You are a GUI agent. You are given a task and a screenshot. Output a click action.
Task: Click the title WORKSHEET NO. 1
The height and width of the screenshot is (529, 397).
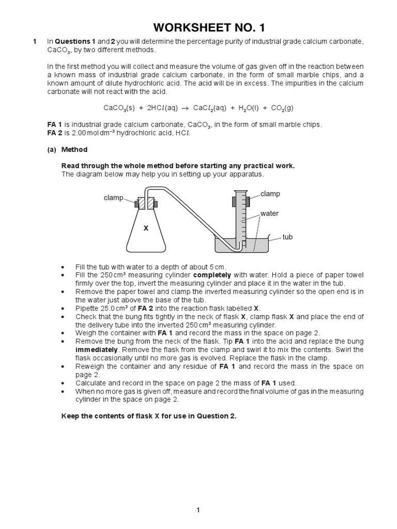tap(198, 27)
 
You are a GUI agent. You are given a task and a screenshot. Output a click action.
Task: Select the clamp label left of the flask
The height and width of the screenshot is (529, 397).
tap(113, 197)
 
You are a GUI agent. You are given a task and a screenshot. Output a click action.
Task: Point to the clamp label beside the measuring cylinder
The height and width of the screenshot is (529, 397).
tap(270, 194)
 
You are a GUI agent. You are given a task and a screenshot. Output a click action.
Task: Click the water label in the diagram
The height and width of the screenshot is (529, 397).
tap(269, 213)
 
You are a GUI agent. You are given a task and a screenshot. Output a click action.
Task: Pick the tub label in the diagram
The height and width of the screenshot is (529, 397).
tap(287, 237)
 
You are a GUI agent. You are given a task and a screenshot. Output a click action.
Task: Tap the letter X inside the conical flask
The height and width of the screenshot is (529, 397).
tap(146, 228)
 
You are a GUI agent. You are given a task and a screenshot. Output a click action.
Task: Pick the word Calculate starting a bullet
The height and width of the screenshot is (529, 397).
tap(92, 383)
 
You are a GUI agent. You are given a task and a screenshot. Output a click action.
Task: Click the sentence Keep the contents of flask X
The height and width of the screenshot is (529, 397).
tap(149, 416)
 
